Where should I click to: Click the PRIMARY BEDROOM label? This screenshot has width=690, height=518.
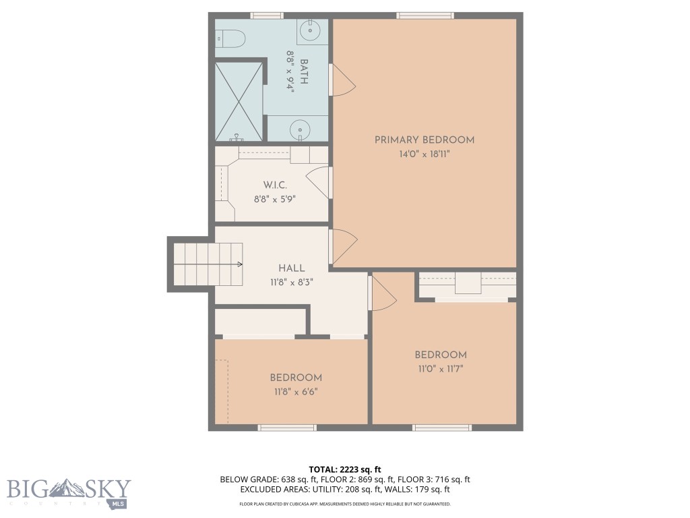click(x=425, y=140)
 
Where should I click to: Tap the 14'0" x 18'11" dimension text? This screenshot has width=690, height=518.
click(x=425, y=154)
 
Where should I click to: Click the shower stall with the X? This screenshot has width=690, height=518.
click(x=239, y=101)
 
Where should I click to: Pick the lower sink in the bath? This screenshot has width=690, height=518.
click(x=299, y=128)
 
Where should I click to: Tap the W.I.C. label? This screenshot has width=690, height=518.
click(x=275, y=185)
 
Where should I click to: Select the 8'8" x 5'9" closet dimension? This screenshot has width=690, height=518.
click(x=275, y=199)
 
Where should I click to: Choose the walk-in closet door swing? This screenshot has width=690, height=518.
click(x=319, y=182)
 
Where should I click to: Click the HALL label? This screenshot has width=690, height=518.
click(x=292, y=268)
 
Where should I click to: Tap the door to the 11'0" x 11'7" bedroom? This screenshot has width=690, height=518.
click(x=382, y=293)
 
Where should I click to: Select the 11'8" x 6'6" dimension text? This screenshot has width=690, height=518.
click(x=296, y=391)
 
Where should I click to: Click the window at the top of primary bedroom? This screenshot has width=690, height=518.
click(x=425, y=16)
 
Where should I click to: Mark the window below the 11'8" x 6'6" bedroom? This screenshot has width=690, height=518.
click(x=286, y=428)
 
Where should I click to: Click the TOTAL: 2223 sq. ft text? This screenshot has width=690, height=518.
click(x=345, y=469)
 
